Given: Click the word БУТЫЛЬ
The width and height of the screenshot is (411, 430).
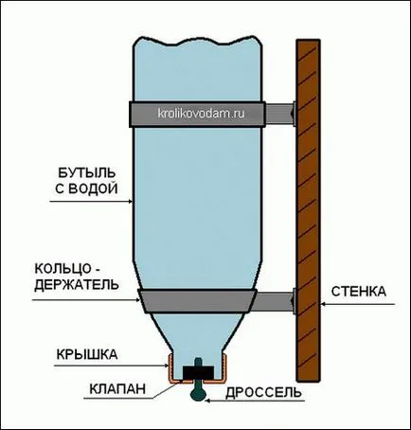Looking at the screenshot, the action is point(87,173).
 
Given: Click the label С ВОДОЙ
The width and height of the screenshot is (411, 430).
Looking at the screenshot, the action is point(86,188).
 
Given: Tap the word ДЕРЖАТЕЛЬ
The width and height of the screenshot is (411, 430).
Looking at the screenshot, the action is point(77,284).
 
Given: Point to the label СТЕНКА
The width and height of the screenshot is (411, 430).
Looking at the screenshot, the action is point(359,292).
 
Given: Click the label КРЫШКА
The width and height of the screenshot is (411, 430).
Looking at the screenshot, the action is point(87,354).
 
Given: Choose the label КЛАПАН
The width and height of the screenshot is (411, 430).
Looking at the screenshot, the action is point(117,388).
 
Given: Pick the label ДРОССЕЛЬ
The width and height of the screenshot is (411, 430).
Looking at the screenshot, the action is point(263,392).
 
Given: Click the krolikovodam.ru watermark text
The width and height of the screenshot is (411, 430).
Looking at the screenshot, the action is point(201,113).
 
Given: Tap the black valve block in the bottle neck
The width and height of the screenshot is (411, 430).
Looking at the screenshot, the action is point(198,372).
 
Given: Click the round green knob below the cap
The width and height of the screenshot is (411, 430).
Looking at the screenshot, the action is point(198,395).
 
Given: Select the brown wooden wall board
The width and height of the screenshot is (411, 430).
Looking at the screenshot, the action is point(309,209).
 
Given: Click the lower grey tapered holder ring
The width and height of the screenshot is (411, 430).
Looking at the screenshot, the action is point(198,301).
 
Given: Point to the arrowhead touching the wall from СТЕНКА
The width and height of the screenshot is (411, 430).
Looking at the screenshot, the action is point(323,304).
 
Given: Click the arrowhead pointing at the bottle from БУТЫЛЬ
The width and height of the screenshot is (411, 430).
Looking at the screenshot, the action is point(130,201).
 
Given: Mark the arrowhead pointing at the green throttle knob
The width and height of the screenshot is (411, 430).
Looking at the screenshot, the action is point(208,401).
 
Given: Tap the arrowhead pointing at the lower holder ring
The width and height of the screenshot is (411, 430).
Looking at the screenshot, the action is point(137,300).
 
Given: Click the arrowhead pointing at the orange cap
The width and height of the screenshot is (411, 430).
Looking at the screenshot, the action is point(166,366).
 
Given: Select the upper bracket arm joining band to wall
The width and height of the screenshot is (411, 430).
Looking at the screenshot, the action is point(279,114).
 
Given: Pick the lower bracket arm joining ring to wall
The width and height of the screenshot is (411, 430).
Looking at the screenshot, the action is point(274,301).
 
